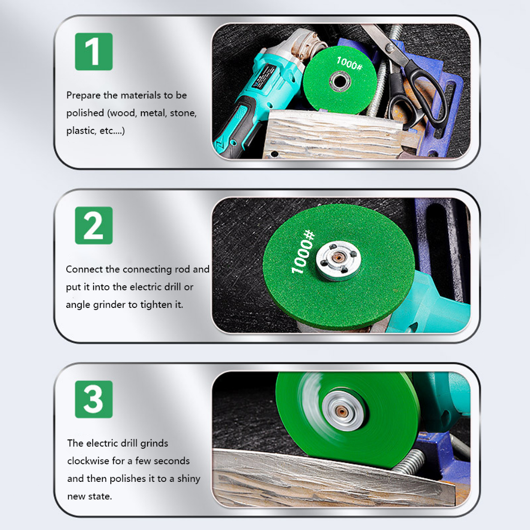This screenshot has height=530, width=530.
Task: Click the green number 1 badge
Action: (94, 51)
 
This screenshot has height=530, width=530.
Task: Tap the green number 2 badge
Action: (94, 225)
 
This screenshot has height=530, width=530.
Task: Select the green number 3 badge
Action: (94, 399)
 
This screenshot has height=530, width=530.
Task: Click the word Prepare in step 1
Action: (83, 96)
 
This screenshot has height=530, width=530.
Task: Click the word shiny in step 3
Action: (189, 479)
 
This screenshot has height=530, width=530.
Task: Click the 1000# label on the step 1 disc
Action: (349, 63)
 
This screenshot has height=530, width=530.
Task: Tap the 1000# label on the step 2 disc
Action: (303, 252)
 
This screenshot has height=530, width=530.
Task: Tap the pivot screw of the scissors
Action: (390, 48)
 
